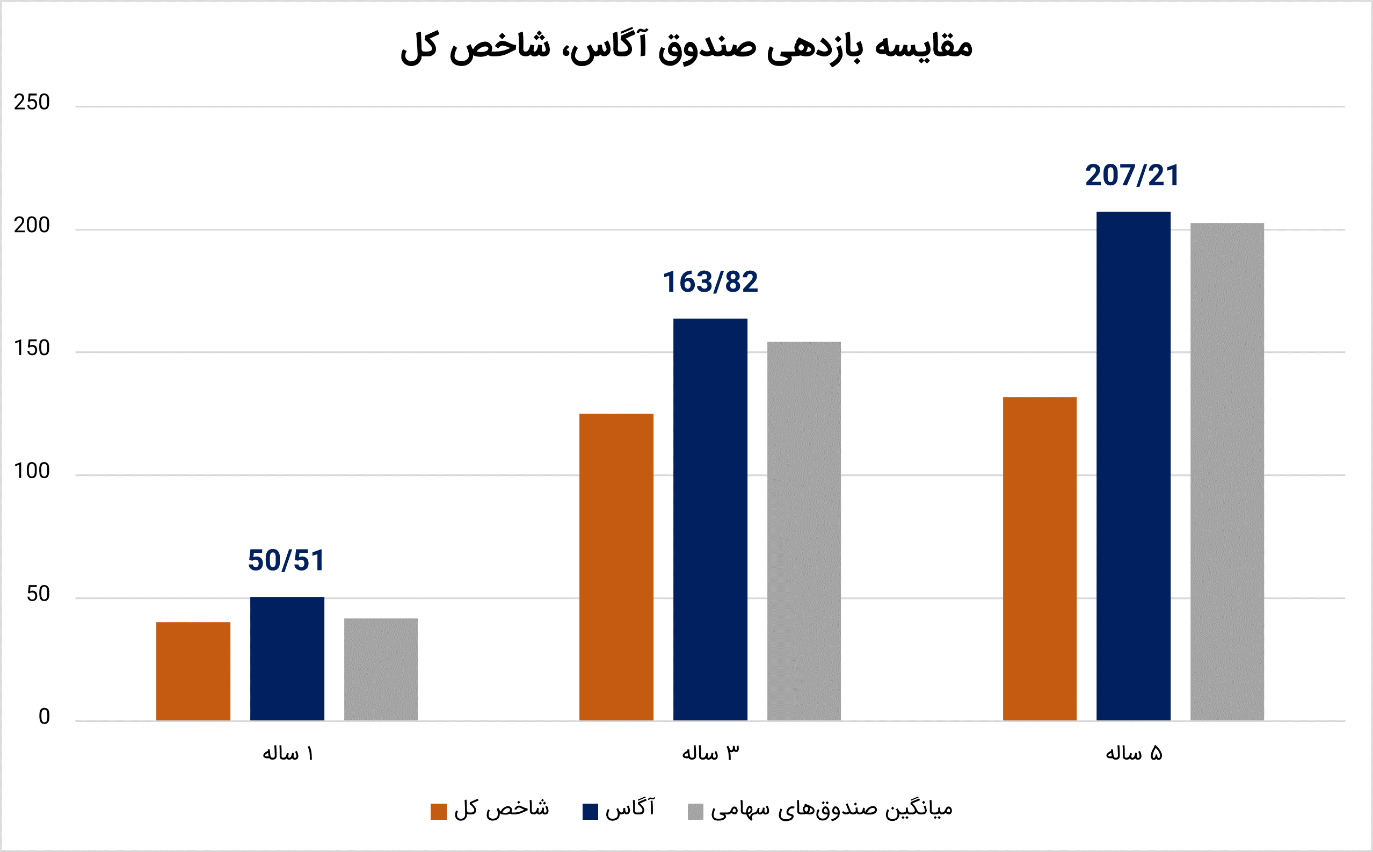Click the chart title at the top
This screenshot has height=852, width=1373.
pyautogui.click(x=686, y=47)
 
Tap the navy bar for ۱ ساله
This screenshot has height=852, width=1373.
pyautogui.click(x=287, y=658)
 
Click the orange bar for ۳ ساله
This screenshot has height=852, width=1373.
pyautogui.click(x=616, y=566)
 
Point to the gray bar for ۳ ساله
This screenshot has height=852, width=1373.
pyautogui.click(x=804, y=530)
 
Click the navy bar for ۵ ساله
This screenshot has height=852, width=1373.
pyautogui.click(x=1133, y=465)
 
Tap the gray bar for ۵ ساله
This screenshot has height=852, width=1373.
pyautogui.click(x=1227, y=471)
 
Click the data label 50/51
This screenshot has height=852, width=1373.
pyautogui.click(x=286, y=561)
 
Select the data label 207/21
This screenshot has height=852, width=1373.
pyautogui.click(x=1132, y=176)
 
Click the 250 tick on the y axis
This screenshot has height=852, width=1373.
pyautogui.click(x=32, y=103)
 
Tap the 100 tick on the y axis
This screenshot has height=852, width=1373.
pyautogui.click(x=32, y=471)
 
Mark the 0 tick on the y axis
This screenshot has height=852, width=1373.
pyautogui.click(x=44, y=717)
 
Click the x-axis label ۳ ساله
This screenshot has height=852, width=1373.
pyautogui.click(x=710, y=753)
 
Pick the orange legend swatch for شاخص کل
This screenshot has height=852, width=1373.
pyautogui.click(x=438, y=811)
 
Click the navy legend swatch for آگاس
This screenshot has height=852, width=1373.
pyautogui.click(x=590, y=811)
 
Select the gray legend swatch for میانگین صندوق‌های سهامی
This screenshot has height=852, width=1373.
pyautogui.click(x=695, y=811)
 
